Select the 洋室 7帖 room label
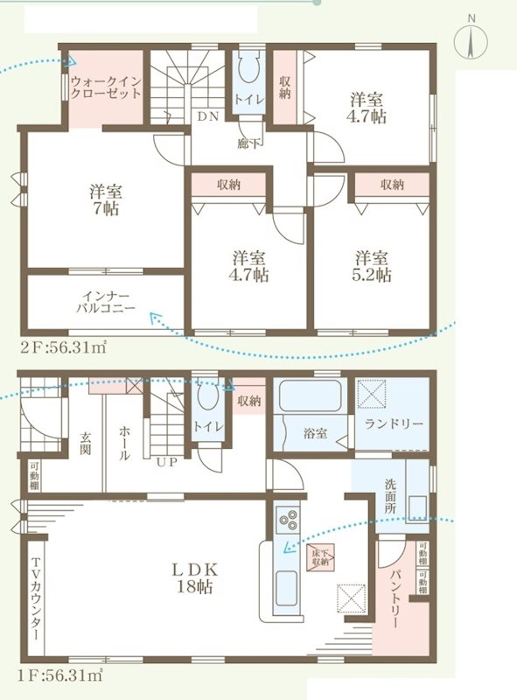pos(104,199)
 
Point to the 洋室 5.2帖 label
pos(373,266)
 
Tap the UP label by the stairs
pos(166,462)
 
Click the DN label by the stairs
pos(206,116)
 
